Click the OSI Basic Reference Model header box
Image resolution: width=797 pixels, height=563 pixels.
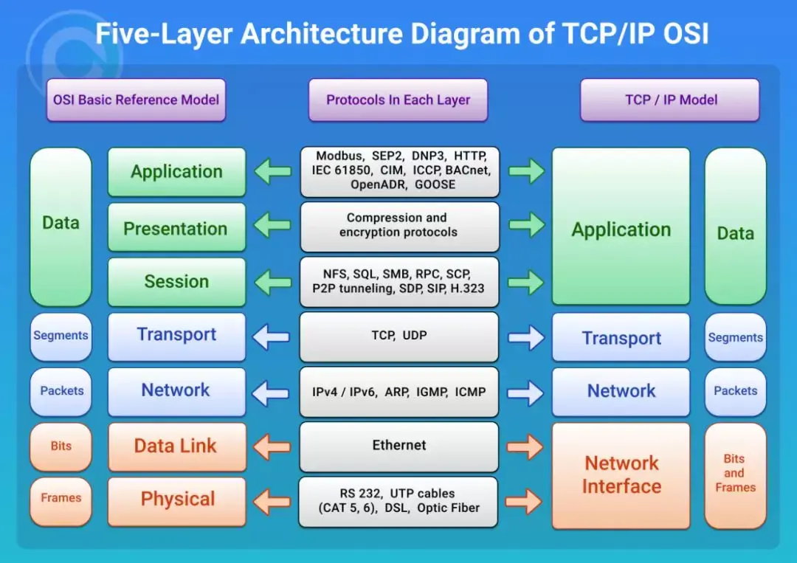tap(136, 100)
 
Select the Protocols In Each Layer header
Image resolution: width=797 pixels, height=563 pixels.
tap(398, 100)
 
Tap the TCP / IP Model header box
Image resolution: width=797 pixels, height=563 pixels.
tap(670, 100)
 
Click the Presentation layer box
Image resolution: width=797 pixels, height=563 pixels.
tap(176, 229)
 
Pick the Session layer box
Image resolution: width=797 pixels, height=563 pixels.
tap(176, 281)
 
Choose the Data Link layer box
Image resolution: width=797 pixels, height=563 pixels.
tap(176, 446)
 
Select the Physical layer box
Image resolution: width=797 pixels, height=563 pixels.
tap(176, 500)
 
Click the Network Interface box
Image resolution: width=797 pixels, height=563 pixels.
tap(621, 474)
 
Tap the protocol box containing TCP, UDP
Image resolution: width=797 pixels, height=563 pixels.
tap(398, 336)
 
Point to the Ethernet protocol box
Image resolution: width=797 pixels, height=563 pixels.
tap(398, 445)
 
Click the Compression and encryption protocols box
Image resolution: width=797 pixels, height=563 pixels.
tap(398, 225)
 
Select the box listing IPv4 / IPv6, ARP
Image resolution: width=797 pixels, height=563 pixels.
tap(398, 392)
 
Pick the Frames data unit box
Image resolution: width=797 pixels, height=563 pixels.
tap(61, 498)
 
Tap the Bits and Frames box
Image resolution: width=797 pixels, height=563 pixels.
tap(735, 474)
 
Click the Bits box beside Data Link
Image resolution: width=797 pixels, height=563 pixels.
tap(61, 446)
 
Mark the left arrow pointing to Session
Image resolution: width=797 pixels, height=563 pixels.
tap(272, 282)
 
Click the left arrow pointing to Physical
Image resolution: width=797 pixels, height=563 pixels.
tap(272, 502)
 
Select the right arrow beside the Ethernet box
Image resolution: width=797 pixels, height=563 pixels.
tap(525, 446)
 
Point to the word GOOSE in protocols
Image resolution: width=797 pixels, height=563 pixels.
tap(435, 184)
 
